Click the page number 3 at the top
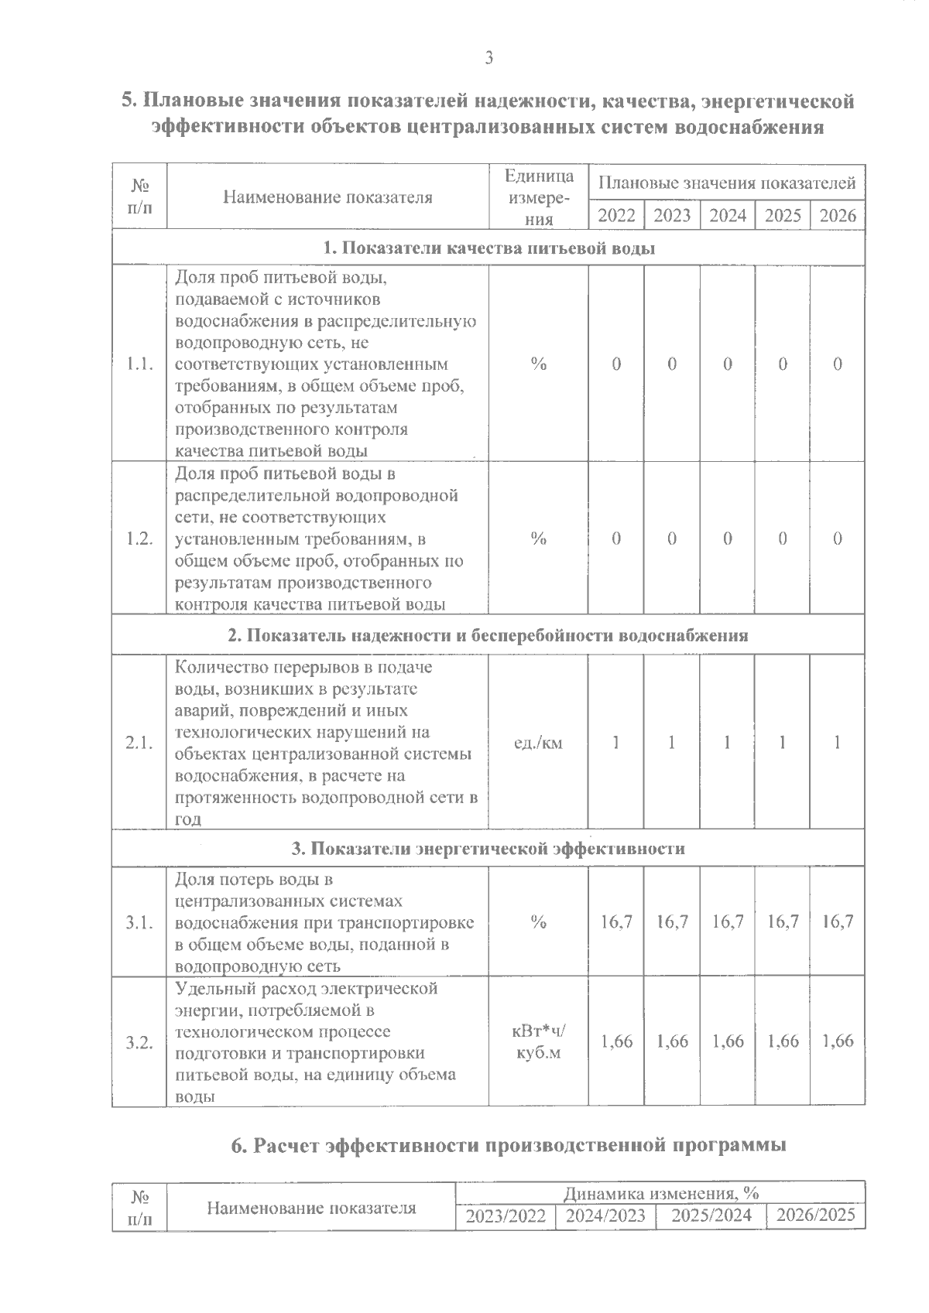coord(488,58)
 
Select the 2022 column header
coord(616,215)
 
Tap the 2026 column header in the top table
coord(838,215)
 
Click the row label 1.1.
coord(139,364)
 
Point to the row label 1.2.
coord(139,539)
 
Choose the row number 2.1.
coord(139,743)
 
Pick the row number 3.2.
coord(139,1042)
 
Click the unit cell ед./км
coord(538,743)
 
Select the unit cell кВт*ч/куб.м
coord(538,1042)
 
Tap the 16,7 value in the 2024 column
coord(728,921)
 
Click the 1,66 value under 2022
coord(616,1041)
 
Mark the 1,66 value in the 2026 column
coord(838,1041)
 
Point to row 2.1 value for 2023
coord(672,743)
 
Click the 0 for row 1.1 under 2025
coord(783,364)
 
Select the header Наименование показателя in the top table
coord(327,197)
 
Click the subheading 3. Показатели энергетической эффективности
coord(488,849)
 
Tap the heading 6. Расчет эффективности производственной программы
coord(509,1145)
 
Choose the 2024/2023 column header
coord(605,1216)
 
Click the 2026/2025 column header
coord(816,1216)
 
